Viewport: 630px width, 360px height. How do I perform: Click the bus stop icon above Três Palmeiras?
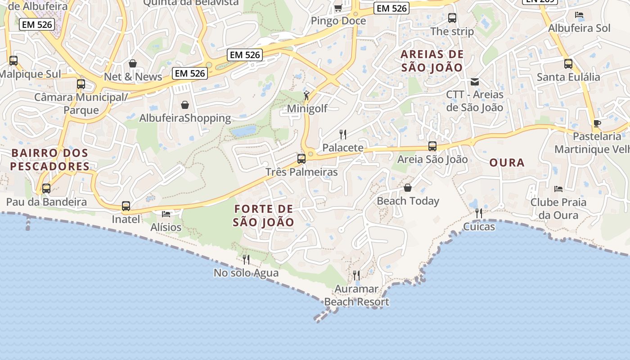coord(301,158)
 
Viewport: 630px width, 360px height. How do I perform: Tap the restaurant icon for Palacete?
coord(343,134)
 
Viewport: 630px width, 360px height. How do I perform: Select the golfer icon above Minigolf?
coord(307,95)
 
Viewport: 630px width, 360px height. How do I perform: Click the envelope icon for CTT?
coord(475,82)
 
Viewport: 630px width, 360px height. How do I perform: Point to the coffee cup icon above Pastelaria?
coord(597,123)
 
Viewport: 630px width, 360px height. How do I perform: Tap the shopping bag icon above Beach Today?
coord(408,187)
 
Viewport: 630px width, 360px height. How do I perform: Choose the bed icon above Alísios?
coord(166,214)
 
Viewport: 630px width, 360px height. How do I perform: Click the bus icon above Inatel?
coord(126,206)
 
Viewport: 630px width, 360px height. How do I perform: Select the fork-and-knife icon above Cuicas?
coord(479,213)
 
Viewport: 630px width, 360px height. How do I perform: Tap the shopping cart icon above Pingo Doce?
coord(338,8)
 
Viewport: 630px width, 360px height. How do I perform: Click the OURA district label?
coord(507,163)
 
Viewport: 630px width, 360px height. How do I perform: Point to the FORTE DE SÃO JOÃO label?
coord(264,216)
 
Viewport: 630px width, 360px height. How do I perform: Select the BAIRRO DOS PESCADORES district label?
coord(50,160)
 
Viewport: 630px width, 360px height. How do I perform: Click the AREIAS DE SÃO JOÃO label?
coord(432,61)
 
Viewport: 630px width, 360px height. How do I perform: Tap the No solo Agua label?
coord(246,273)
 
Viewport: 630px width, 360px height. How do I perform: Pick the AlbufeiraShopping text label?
coord(185,118)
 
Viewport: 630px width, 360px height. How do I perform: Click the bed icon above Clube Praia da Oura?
coord(558,189)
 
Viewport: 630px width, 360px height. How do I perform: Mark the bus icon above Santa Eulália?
coord(568,64)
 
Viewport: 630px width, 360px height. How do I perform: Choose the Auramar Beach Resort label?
coord(357,295)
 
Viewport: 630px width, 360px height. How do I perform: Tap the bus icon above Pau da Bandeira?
coord(46,189)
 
